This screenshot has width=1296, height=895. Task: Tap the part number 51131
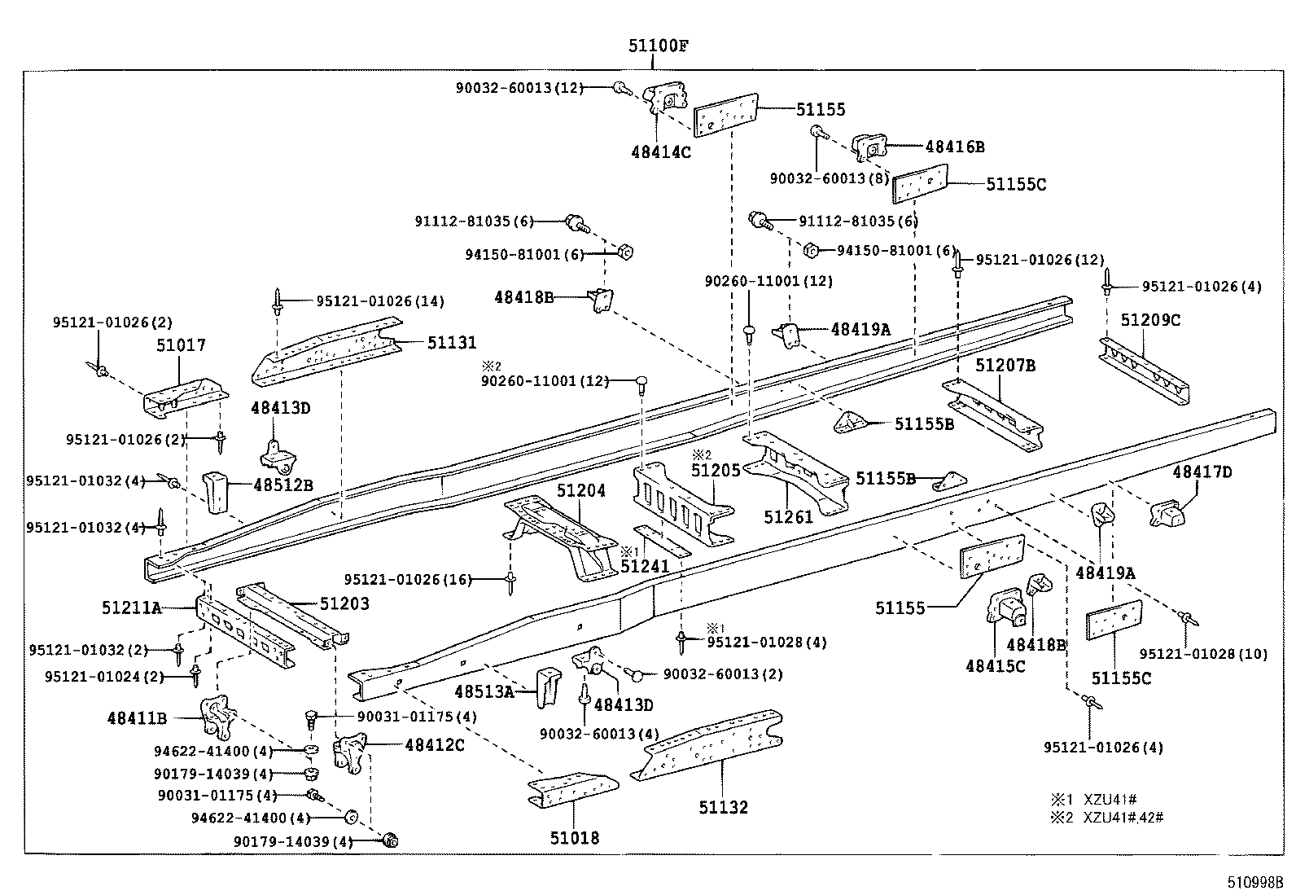452,343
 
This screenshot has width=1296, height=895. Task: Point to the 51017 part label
181,345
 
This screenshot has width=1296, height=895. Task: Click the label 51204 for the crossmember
581,491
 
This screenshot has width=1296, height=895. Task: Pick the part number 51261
788,516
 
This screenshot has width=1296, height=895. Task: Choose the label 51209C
1149,320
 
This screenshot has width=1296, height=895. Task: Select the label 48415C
996,665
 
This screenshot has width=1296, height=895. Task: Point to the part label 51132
723,807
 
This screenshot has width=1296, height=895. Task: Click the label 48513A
484,692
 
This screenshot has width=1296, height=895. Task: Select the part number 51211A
132,607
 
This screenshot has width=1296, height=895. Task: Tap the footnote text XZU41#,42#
1123,817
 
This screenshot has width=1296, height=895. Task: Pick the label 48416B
954,147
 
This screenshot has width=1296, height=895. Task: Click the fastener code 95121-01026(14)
380,301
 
